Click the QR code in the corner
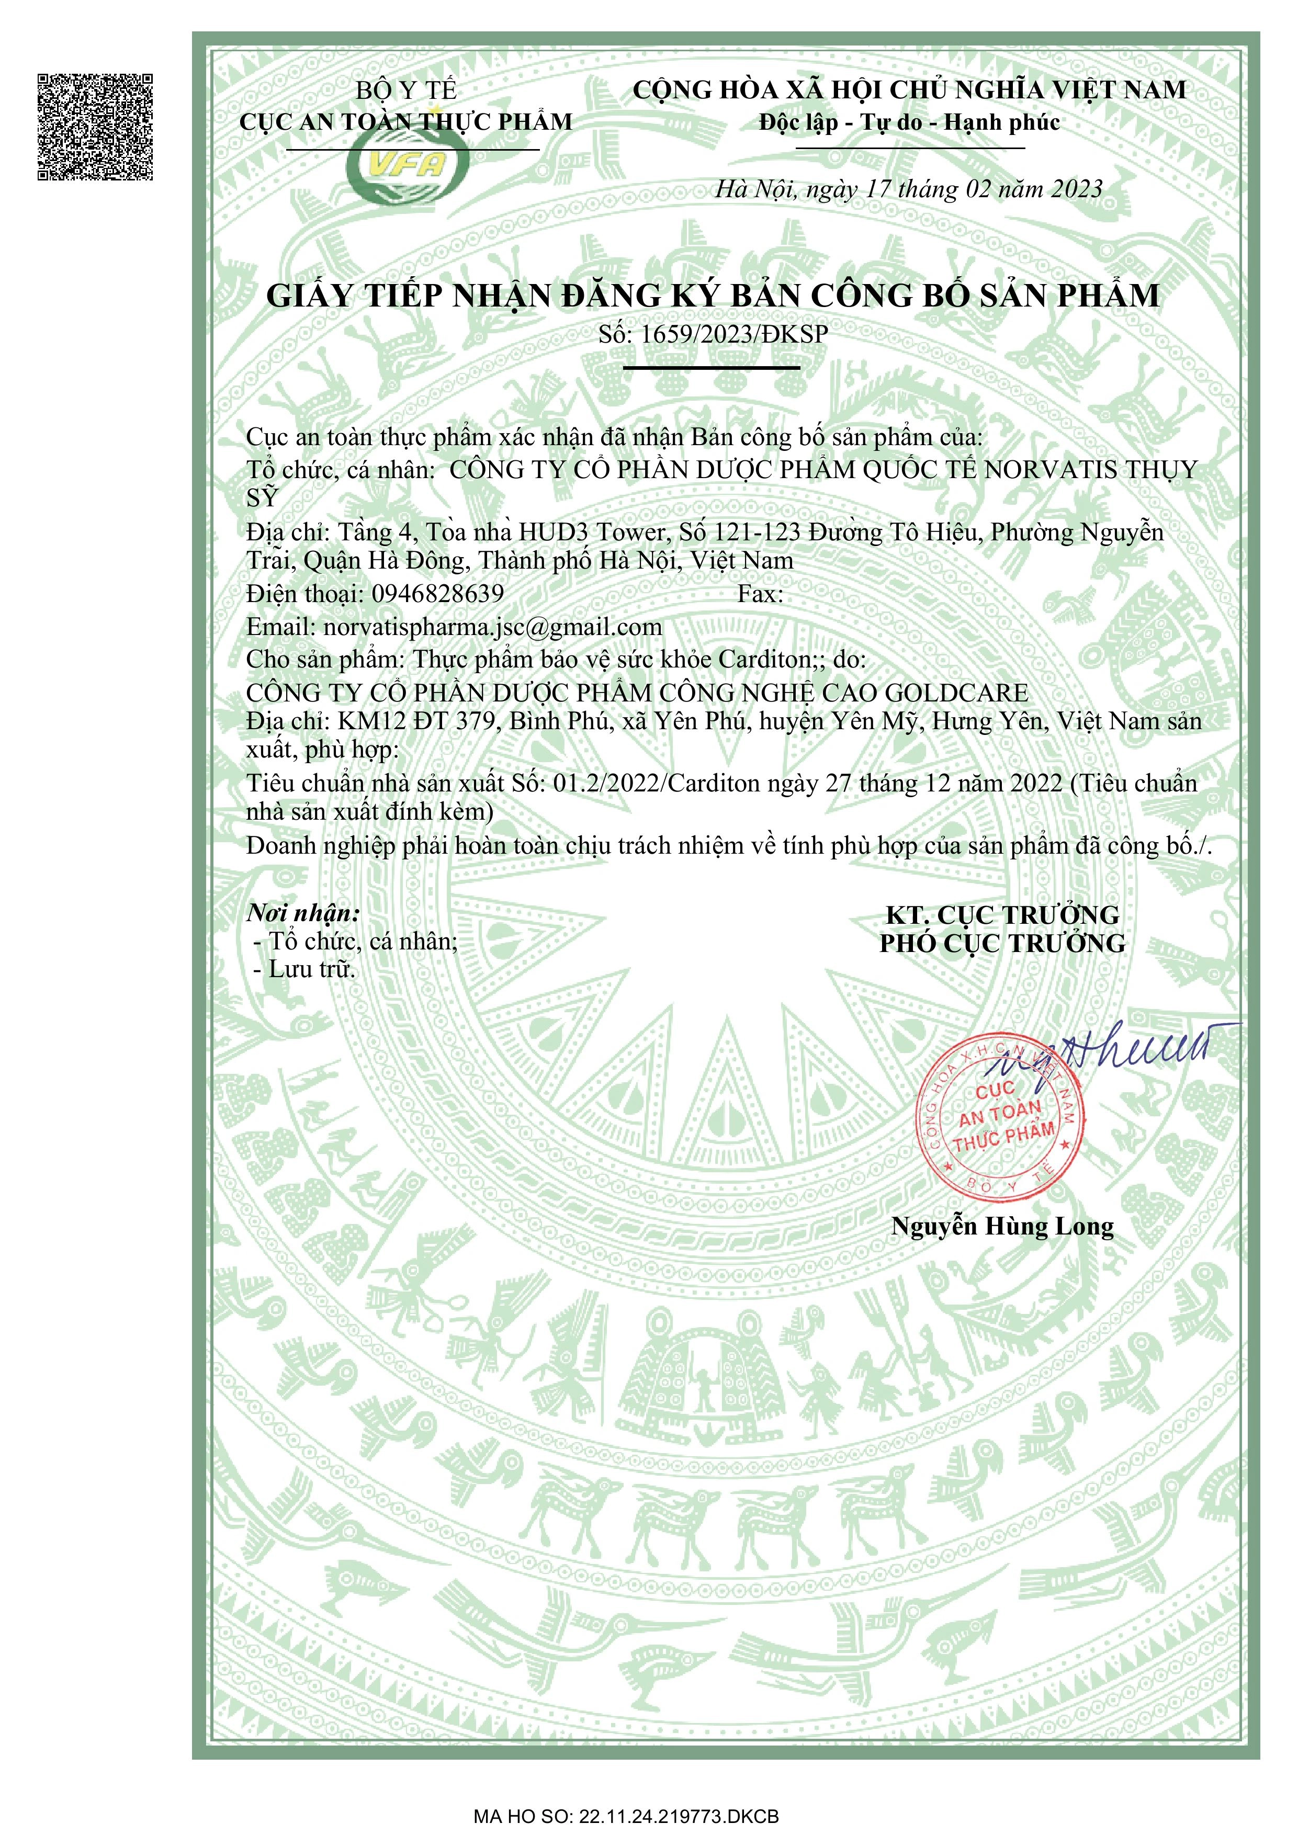click(95, 126)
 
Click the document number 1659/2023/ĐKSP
click(733, 334)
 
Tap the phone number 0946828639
click(437, 594)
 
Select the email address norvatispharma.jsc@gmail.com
click(492, 627)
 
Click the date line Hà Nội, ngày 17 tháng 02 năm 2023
click(908, 189)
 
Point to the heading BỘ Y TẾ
click(406, 90)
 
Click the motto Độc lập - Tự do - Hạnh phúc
click(909, 122)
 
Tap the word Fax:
click(760, 594)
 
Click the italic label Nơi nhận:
click(303, 913)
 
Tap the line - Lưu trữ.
click(304, 969)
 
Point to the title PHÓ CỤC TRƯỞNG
click(1002, 943)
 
